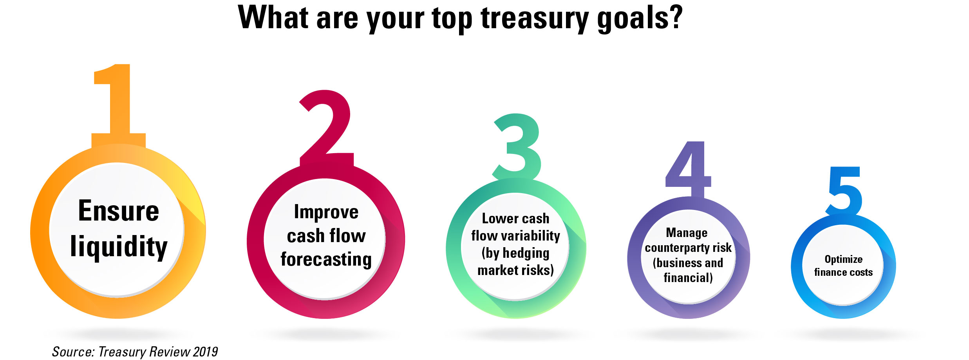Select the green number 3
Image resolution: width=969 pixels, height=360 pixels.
517,147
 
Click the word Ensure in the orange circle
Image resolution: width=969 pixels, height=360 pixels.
119,211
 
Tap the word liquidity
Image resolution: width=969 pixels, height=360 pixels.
119,247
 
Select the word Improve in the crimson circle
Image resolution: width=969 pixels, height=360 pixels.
326,212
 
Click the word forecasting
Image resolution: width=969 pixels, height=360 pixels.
326,260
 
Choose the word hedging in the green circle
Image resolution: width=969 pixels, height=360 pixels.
526,253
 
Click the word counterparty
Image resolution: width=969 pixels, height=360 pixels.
675,248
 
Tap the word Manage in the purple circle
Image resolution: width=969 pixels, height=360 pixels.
687,233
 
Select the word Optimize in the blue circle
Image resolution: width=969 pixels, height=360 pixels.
844,260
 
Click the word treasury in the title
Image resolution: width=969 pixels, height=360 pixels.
534,18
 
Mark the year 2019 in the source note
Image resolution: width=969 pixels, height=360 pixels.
205,352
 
